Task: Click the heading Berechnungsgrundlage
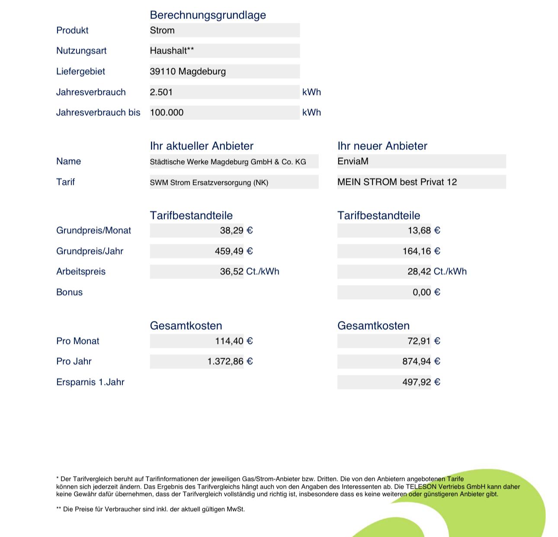(208, 15)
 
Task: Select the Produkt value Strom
(162, 30)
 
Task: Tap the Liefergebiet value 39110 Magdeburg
(188, 71)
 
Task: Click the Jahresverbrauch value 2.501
(161, 92)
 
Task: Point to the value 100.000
(167, 113)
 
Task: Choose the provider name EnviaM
(353, 162)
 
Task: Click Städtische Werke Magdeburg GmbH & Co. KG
(228, 162)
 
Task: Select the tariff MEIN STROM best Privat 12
(397, 182)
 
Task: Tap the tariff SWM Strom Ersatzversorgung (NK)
(209, 183)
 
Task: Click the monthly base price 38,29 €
(236, 231)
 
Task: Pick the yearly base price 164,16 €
(421, 251)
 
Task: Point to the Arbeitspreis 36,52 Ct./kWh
(250, 272)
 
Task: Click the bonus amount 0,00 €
(427, 292)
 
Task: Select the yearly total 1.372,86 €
(230, 362)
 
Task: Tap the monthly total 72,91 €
(424, 341)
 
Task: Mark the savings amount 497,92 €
(421, 382)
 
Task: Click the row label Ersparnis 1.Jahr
(90, 382)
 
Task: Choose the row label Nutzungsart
(81, 51)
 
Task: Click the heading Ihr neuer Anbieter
(382, 146)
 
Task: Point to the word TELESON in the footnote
(421, 487)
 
